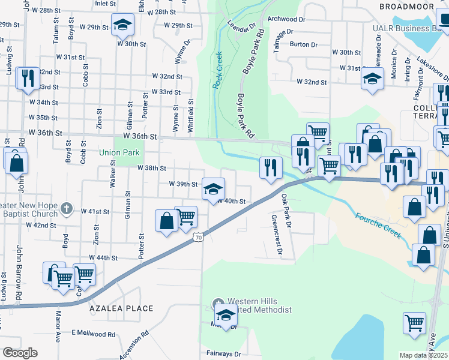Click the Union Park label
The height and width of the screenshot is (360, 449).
(x=119, y=153)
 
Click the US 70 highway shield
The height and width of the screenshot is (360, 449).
(x=198, y=238)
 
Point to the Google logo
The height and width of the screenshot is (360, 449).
(x=20, y=353)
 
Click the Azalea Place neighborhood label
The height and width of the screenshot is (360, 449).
(x=121, y=308)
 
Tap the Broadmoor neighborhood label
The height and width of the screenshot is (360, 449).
(x=406, y=6)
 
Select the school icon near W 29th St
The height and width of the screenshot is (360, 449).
(x=123, y=25)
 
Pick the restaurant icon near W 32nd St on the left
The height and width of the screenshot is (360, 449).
(x=28, y=77)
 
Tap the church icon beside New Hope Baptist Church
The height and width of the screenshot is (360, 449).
(x=67, y=210)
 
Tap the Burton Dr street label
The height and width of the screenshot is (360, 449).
(x=303, y=44)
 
